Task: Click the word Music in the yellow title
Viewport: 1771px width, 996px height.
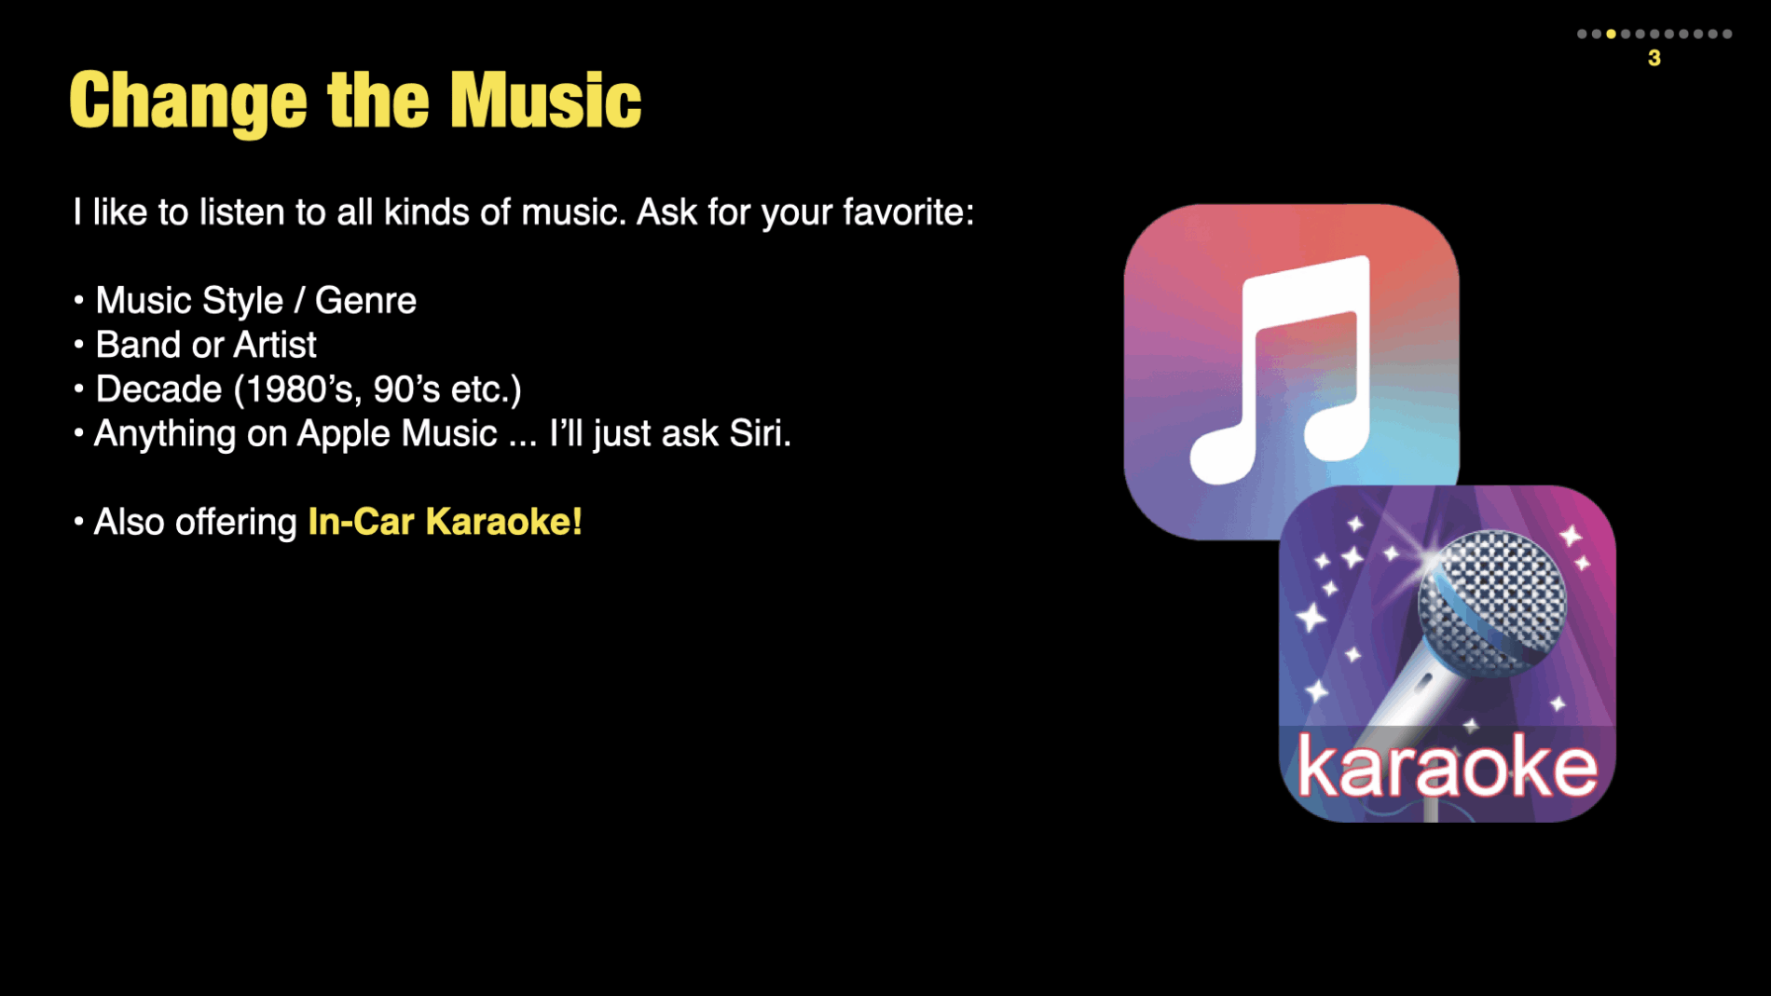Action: pos(545,100)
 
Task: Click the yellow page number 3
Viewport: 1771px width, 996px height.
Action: pos(1654,58)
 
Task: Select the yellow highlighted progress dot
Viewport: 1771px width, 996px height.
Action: pos(1611,34)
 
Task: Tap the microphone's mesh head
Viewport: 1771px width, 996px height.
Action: pos(1492,602)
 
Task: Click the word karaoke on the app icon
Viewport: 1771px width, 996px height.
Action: pos(1447,766)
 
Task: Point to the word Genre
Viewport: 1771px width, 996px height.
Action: pos(365,301)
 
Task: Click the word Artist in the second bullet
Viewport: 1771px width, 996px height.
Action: pos(275,345)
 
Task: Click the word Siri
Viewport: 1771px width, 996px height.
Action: pos(760,433)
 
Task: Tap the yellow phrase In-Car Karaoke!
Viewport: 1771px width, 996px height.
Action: pos(446,522)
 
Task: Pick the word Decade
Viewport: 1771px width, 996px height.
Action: pos(158,389)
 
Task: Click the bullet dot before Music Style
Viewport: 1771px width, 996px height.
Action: pos(78,300)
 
